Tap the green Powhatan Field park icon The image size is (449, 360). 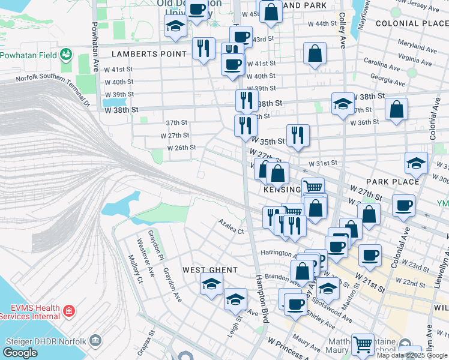click(x=66, y=55)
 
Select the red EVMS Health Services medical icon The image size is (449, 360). click(x=69, y=311)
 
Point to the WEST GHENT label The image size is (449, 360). click(x=210, y=270)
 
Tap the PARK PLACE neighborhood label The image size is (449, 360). click(x=393, y=181)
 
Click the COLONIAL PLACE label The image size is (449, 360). click(x=412, y=23)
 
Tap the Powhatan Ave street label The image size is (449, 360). click(x=94, y=47)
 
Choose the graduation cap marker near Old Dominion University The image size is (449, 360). click(x=175, y=26)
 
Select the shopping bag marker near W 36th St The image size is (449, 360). click(x=396, y=109)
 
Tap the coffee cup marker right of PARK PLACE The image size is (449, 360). click(x=403, y=205)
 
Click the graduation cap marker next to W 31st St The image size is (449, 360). click(x=416, y=163)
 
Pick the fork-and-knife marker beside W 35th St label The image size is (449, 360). click(x=298, y=136)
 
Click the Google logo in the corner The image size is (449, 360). click(x=20, y=353)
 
